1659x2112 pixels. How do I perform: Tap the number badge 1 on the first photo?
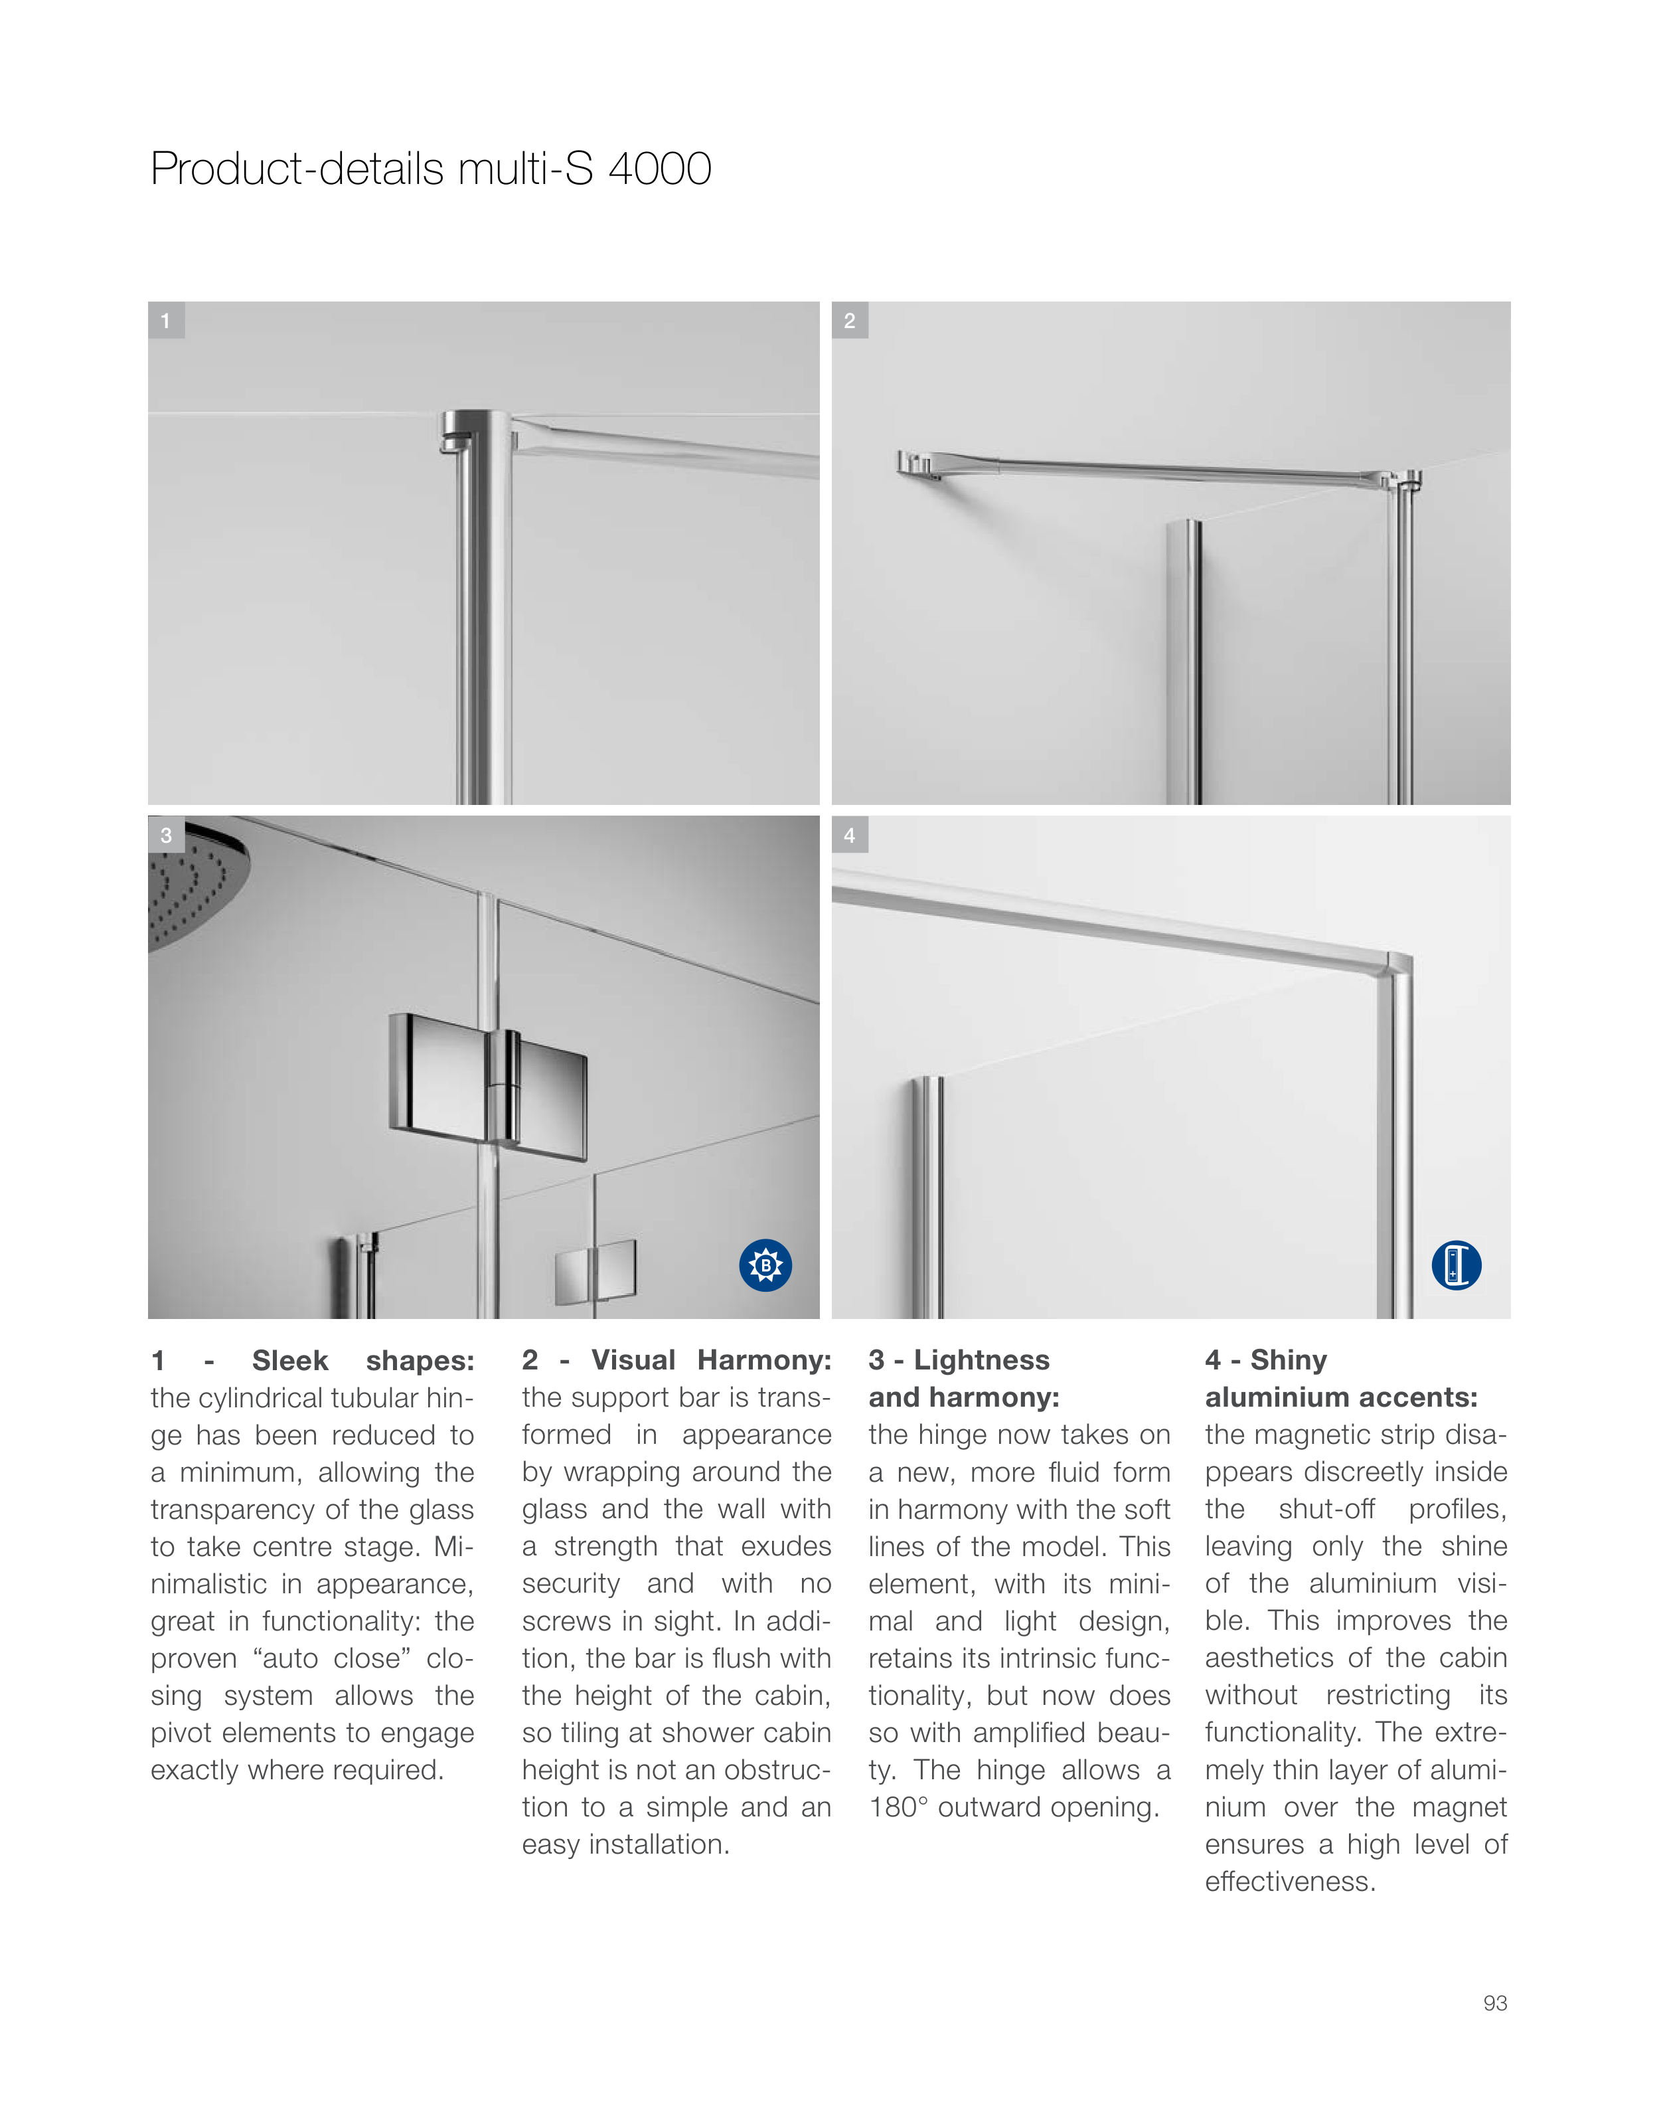coord(166,321)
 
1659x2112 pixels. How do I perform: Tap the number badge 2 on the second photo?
coord(850,321)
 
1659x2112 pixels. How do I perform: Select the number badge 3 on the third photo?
coord(166,834)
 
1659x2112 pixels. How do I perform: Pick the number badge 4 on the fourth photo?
coord(850,834)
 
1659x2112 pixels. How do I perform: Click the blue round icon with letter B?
coord(765,1265)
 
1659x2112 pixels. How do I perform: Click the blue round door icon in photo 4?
coord(1456,1265)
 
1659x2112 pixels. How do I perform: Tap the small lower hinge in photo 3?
coord(594,1271)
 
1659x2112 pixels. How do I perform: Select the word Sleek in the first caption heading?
coord(289,1360)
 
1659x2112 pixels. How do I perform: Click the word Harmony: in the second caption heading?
coord(763,1360)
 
